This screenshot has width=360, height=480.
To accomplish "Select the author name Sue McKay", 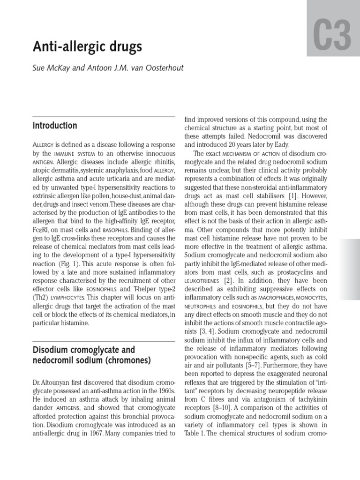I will tap(52, 67).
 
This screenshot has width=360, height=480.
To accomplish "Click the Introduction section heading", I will tap(55, 126).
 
